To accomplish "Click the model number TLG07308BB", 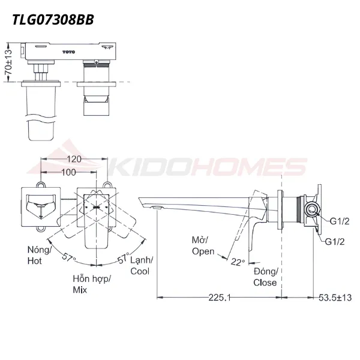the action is pos(53,20).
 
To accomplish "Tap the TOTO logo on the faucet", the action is pos(68,52).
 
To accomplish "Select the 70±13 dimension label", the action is pos(8,62).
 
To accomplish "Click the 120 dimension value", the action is pos(74,159).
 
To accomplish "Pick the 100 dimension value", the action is pos(68,172).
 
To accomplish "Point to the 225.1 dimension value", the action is pos(220,298).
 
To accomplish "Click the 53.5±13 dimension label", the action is pos(335,298).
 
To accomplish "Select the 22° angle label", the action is pos(238,262).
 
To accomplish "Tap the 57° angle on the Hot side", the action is pos(68,257).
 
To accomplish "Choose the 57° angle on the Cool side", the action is pos(124,258).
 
